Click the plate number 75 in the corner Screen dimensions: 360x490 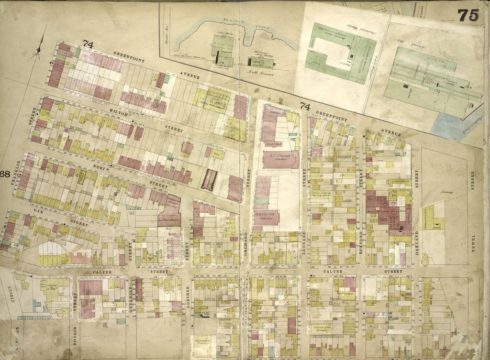click(x=468, y=15)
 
